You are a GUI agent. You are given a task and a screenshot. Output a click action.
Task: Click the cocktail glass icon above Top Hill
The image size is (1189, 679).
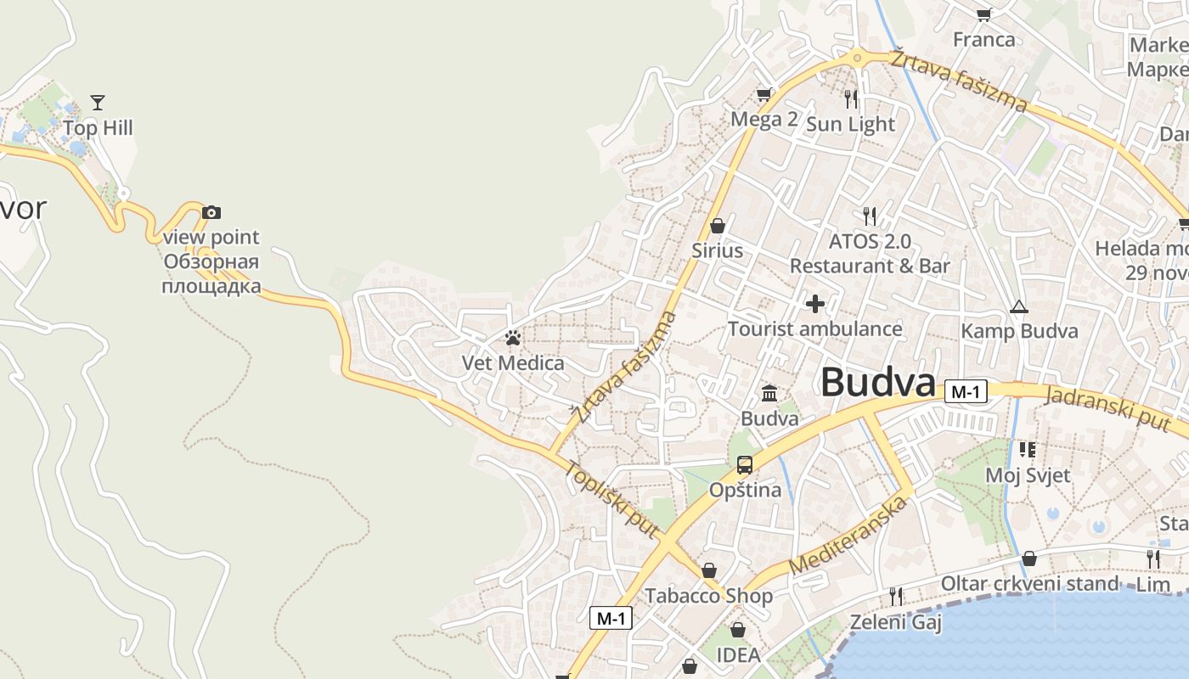[98, 103]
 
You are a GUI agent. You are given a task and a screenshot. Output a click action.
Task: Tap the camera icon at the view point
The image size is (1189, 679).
[211, 212]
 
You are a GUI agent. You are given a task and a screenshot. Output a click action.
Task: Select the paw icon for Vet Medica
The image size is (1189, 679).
[512, 338]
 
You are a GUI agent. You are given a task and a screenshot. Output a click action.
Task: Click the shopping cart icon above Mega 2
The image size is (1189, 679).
[764, 94]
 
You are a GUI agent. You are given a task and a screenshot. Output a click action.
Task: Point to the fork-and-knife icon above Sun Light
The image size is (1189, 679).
[851, 98]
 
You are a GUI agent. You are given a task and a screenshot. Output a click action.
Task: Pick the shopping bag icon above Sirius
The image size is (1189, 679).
[718, 226]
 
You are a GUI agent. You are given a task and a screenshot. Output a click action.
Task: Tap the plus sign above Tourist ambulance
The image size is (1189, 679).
[815, 303]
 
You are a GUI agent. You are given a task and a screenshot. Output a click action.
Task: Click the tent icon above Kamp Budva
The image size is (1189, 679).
[1019, 306]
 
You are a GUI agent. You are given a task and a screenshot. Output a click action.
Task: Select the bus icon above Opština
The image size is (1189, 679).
[745, 464]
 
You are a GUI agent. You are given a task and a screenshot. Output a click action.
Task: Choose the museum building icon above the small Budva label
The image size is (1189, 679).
[770, 393]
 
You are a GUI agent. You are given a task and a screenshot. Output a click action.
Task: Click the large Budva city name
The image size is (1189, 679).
[877, 383]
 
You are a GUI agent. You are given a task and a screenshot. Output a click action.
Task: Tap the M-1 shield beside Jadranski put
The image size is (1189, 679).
[966, 392]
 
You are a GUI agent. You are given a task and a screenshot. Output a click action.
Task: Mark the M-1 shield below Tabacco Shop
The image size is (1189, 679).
[611, 619]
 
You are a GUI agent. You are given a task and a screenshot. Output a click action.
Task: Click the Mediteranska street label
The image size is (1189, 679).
[848, 536]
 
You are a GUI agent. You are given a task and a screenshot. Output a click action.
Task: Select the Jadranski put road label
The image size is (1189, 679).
[1115, 407]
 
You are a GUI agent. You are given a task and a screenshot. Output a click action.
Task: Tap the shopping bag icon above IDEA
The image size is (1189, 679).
[738, 630]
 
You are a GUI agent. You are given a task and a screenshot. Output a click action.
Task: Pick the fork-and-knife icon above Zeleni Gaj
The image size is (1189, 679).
[895, 597]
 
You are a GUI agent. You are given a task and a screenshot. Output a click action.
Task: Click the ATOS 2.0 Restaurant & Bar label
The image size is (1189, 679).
[870, 253]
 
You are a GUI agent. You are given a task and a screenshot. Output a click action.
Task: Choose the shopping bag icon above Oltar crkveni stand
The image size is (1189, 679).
[1029, 558]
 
